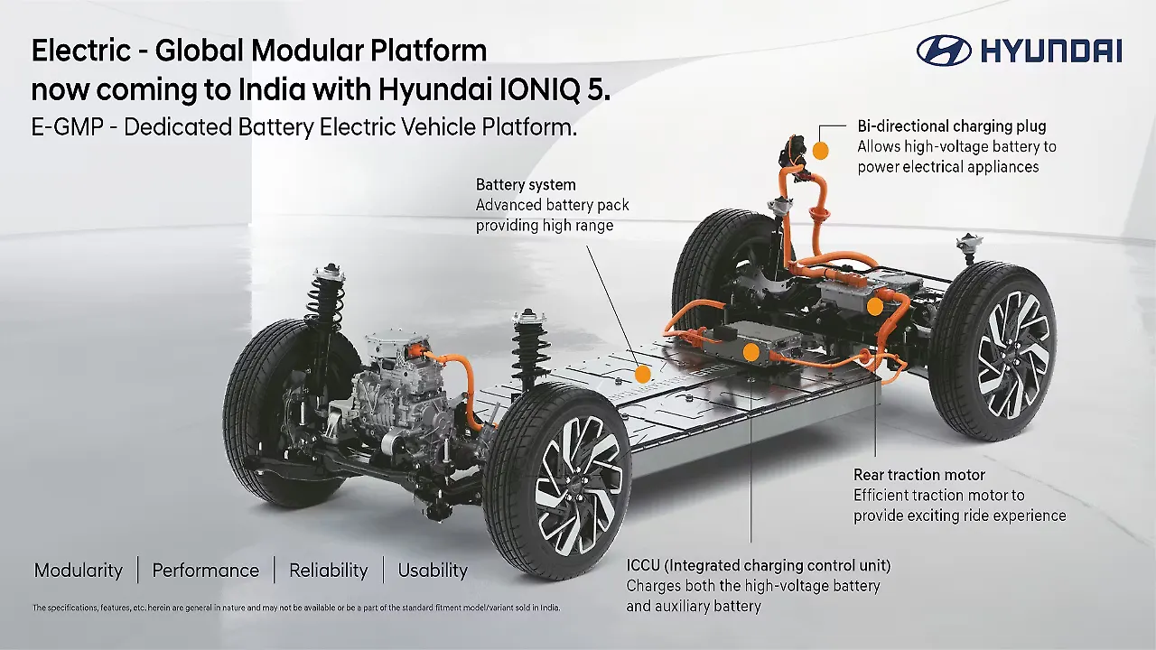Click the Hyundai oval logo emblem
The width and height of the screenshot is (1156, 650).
click(944, 51)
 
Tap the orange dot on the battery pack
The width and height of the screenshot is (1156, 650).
click(642, 372)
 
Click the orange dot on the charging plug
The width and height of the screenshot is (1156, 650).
click(821, 150)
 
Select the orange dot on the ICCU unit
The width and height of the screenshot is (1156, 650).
click(750, 351)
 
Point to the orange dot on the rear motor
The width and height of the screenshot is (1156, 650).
click(874, 307)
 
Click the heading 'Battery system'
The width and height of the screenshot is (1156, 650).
click(526, 185)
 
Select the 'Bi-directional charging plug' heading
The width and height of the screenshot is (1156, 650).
click(952, 126)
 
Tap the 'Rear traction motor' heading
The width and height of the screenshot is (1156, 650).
click(919, 475)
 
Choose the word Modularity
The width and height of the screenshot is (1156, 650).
click(78, 571)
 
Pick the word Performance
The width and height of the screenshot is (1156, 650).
click(205, 571)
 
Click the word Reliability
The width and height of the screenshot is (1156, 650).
click(328, 571)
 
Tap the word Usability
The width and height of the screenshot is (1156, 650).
click(433, 571)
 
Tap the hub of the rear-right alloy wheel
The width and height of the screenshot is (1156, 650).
click(1013, 354)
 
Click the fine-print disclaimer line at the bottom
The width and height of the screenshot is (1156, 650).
click(296, 608)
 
